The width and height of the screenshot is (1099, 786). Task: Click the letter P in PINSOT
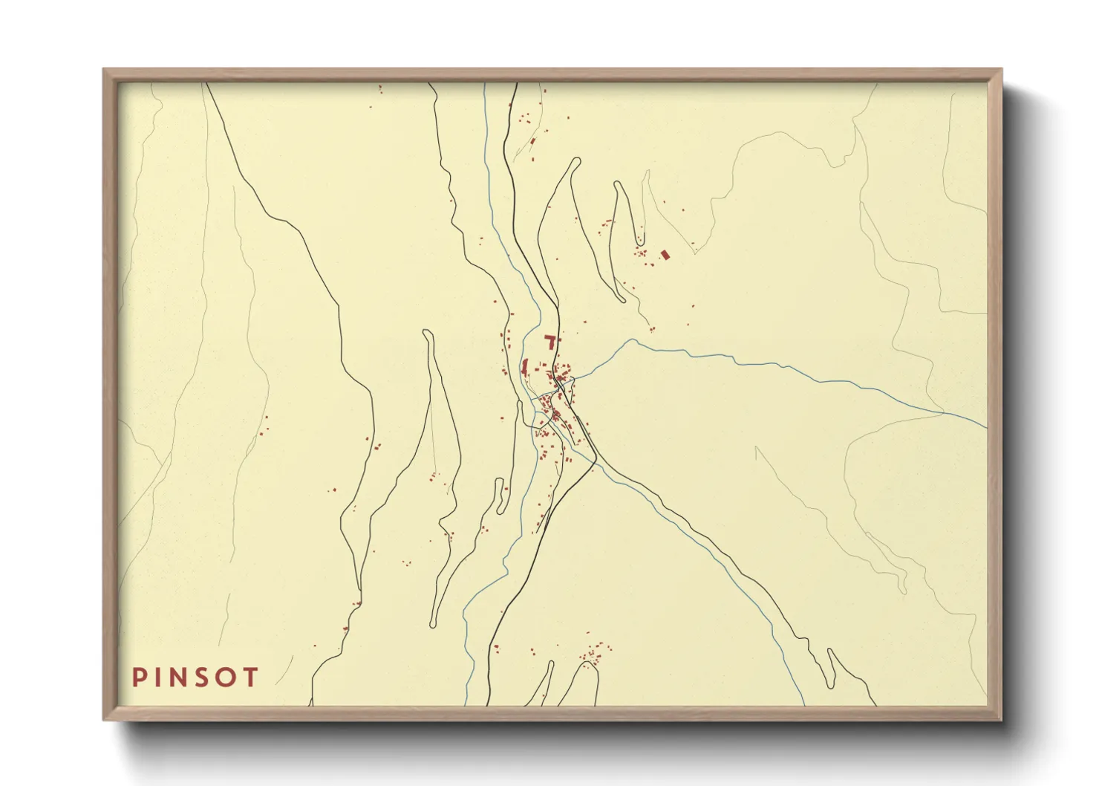click(139, 678)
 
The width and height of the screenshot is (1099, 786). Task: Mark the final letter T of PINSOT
click(251, 678)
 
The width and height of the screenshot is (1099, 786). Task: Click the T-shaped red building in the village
click(550, 341)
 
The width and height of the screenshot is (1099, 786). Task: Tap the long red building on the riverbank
click(525, 366)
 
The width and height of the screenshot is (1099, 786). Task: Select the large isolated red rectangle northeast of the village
click(665, 255)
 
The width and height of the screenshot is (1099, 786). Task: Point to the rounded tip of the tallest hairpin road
click(575, 160)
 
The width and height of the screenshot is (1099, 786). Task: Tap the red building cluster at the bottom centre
click(594, 654)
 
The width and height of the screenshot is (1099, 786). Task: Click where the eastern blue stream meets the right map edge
click(986, 428)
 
